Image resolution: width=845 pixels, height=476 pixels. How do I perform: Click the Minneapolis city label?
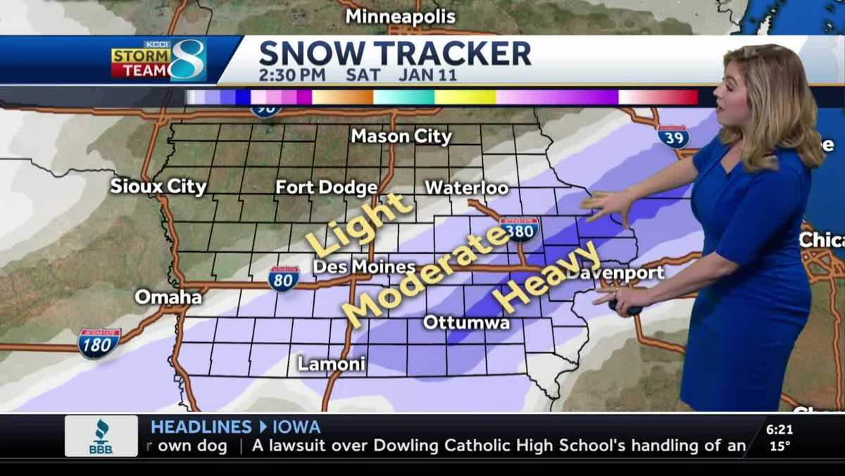pos(401,16)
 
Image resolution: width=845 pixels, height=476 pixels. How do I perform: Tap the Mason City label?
pos(401,137)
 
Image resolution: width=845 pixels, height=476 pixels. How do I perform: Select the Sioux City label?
pos(158,187)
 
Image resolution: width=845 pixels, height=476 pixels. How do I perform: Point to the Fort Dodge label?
pos(326,188)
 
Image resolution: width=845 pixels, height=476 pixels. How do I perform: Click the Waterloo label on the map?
pos(466,188)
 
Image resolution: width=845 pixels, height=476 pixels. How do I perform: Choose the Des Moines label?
pos(363,267)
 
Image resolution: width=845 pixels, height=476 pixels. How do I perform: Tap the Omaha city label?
pos(168,297)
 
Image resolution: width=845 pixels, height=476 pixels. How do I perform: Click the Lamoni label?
pos(331,364)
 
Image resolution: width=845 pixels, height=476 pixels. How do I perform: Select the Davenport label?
pos(617,273)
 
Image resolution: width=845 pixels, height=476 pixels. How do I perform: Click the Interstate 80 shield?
pos(284,279)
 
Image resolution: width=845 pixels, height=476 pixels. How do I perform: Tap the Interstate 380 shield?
pos(520,229)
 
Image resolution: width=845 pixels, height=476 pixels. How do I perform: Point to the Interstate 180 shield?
pos(99,343)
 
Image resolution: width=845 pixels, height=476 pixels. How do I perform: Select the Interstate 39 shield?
pos(673,136)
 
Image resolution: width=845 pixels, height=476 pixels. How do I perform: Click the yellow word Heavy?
pos(547,277)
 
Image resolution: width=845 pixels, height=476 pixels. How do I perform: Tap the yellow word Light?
pos(358,224)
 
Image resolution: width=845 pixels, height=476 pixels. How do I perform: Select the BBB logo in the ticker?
pos(101,435)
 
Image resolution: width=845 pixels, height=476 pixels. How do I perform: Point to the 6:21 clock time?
pos(779,429)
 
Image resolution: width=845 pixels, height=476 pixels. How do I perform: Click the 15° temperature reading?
pos(779,446)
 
